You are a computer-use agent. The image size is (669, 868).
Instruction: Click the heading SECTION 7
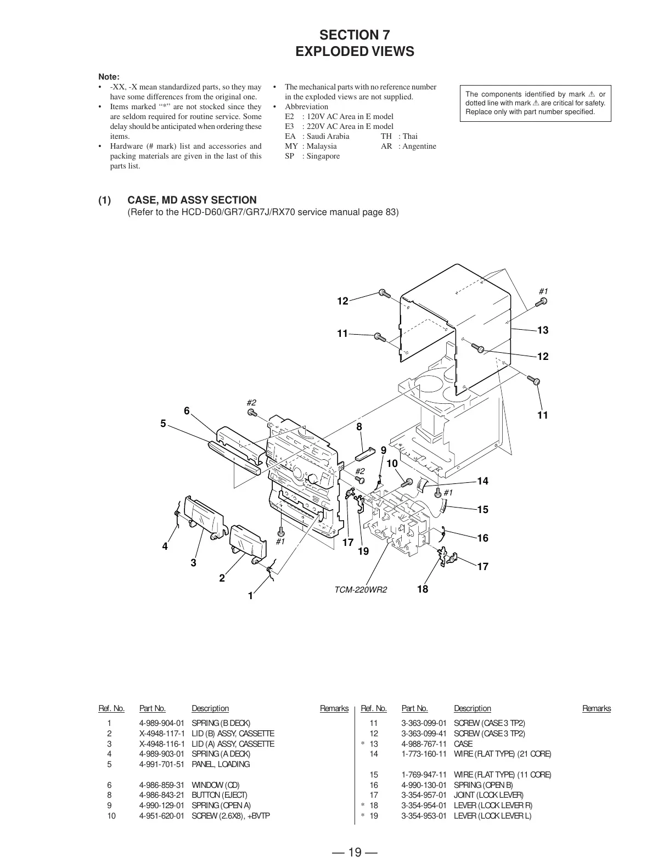(x=355, y=35)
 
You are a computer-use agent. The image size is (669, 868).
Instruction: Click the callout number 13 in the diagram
(x=542, y=330)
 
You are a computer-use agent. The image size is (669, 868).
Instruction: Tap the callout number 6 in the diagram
(x=187, y=411)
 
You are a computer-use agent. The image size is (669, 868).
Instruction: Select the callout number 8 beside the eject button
(x=359, y=427)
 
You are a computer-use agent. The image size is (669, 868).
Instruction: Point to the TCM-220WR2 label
(x=361, y=590)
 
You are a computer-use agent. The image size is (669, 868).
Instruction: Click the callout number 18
(x=422, y=589)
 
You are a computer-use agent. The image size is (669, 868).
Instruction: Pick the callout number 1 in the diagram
(x=250, y=596)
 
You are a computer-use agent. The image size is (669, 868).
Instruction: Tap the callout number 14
(x=482, y=481)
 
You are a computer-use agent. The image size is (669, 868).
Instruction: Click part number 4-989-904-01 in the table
(x=162, y=723)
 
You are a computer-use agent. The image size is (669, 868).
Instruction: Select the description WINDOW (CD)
(x=216, y=785)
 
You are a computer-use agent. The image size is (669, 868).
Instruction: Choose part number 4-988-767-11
(x=424, y=744)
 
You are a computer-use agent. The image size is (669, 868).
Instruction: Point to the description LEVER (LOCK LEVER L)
(x=492, y=816)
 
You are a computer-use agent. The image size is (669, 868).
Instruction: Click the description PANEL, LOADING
(x=221, y=764)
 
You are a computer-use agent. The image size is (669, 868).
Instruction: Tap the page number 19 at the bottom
(x=355, y=852)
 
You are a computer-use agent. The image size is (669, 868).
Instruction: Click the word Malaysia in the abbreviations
(x=322, y=146)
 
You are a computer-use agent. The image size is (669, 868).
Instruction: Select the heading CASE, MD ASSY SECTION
(x=192, y=200)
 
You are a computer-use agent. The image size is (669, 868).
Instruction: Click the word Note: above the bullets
(x=109, y=77)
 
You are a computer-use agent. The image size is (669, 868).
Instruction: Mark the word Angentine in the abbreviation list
(x=419, y=146)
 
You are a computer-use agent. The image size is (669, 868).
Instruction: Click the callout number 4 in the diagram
(x=165, y=546)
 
